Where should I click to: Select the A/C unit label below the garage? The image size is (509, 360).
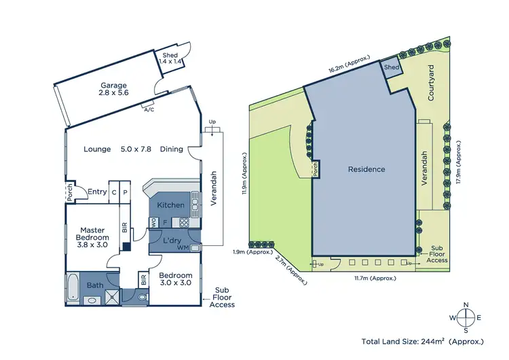coord(149,108)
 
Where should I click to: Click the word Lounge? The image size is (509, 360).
coord(97,149)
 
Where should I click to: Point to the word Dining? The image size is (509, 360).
coord(171,149)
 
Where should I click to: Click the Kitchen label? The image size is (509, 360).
coord(170,205)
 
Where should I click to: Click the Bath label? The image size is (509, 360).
coord(95,285)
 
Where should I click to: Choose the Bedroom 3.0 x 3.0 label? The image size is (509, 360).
coord(176,280)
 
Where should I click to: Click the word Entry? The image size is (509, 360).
coord(97,192)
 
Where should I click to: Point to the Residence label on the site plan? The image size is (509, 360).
coord(366,169)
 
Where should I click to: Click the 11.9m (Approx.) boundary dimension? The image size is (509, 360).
coord(244,173)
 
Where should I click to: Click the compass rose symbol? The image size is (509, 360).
coord(466,317)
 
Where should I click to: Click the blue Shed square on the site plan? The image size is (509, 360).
coord(392,68)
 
